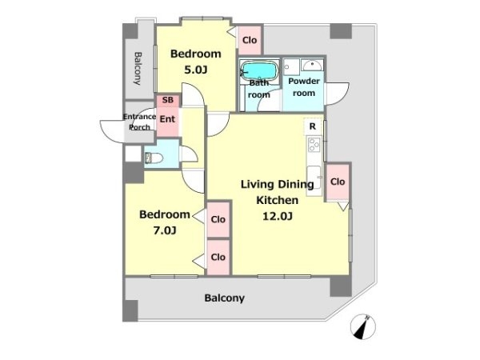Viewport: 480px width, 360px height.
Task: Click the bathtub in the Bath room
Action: pos(259,71)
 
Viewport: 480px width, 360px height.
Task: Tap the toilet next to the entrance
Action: pos(154,158)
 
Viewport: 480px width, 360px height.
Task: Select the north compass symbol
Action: pos(363,326)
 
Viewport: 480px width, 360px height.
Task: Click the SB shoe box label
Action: pos(168,100)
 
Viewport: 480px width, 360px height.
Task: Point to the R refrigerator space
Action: pos(313,126)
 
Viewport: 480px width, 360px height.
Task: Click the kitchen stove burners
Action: pos(314,145)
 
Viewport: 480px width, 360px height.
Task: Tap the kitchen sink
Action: pos(314,178)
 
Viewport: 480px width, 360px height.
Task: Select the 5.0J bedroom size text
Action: pos(196,70)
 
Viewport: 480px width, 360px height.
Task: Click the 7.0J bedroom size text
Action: pos(165,230)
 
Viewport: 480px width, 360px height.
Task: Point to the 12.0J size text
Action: pos(278,216)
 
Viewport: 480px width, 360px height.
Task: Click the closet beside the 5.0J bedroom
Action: pos(250,40)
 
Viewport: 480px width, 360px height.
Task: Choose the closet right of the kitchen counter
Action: pos(338,182)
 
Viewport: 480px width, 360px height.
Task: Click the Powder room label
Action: pos(304,87)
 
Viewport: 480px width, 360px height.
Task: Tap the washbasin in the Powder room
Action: pos(312,65)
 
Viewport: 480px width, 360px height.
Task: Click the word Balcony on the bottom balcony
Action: pos(224,298)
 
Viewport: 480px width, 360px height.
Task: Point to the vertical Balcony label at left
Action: pos(138,68)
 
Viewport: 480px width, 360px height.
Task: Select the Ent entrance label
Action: pos(167,119)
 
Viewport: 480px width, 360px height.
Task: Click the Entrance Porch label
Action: pos(139,122)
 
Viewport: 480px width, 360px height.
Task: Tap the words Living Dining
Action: pos(278,184)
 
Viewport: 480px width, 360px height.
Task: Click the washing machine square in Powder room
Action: pos(291,66)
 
